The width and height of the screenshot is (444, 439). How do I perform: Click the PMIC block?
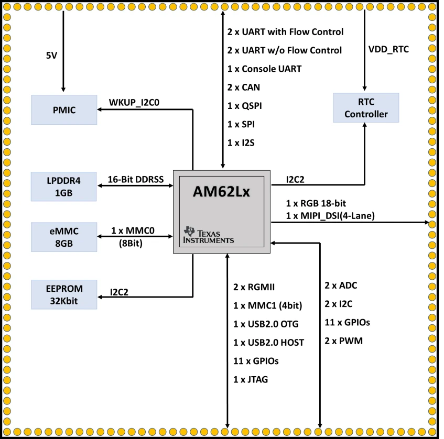(x=64, y=109)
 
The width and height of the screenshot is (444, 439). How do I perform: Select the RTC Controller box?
(x=366, y=108)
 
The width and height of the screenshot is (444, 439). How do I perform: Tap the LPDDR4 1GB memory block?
(x=64, y=186)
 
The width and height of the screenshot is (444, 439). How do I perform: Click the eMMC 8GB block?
(x=64, y=237)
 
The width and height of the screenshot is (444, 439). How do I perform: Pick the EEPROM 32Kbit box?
(x=64, y=294)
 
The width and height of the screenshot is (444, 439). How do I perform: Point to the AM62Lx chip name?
(x=221, y=192)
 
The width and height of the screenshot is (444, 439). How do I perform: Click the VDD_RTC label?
(x=389, y=50)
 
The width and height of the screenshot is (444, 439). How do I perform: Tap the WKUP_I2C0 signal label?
(x=134, y=102)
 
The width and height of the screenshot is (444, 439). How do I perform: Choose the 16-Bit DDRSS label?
(x=136, y=179)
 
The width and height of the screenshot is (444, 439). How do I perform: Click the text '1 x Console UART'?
(x=264, y=69)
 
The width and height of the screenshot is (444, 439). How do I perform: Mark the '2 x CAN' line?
(x=243, y=87)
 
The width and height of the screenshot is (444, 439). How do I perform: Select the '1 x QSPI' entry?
(x=244, y=106)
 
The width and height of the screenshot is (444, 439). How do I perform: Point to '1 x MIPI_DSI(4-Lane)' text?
(x=330, y=215)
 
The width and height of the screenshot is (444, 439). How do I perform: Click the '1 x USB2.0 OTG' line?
(x=267, y=324)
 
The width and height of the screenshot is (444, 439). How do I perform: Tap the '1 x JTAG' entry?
(x=251, y=379)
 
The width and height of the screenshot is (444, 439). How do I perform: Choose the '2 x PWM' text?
(x=343, y=341)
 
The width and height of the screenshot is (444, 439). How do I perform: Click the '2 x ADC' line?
(x=341, y=286)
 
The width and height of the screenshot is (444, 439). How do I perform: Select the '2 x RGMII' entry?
(x=254, y=287)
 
